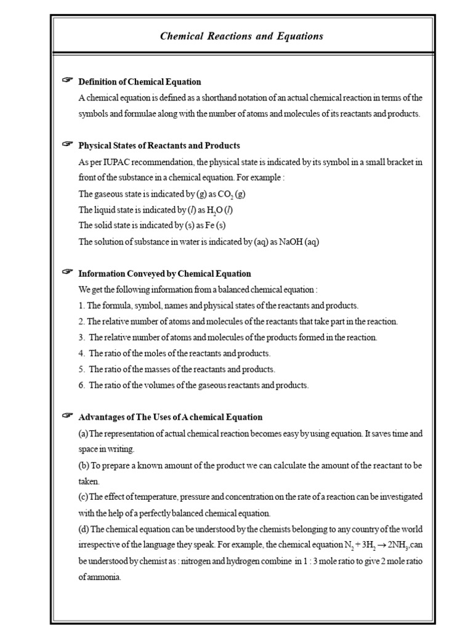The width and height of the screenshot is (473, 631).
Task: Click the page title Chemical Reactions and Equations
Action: (x=241, y=36)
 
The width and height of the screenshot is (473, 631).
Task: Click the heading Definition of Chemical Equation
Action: (x=140, y=81)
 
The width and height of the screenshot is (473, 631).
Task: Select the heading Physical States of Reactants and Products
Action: (x=159, y=145)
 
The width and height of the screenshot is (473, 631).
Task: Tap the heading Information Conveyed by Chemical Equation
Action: (x=164, y=274)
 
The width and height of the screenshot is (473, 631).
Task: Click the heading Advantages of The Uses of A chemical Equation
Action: (x=170, y=417)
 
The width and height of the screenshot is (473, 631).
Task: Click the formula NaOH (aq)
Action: (x=299, y=242)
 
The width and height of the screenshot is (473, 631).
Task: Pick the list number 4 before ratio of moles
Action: (x=81, y=354)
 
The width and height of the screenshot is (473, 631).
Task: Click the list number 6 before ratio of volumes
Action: (x=81, y=386)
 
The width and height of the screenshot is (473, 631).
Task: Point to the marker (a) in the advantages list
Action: (x=84, y=434)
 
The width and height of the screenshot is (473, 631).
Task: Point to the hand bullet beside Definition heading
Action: (x=67, y=80)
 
